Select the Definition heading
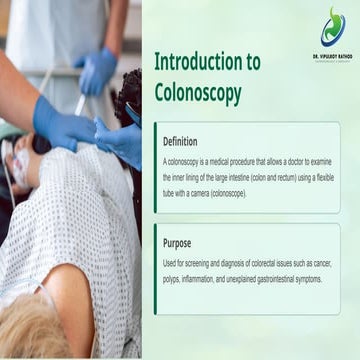180,141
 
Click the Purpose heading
176,242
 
